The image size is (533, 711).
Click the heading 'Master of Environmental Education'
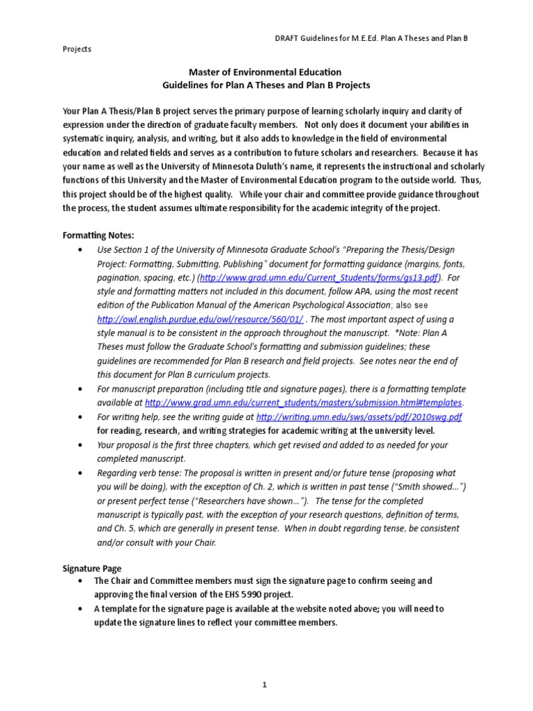tap(266, 72)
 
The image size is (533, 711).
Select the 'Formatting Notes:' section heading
tap(96, 236)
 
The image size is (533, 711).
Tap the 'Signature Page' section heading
tap(92, 568)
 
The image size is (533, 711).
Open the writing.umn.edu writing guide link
tap(359, 417)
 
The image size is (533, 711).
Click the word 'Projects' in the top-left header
tap(76, 49)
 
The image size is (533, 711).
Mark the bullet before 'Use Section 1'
tap(83, 249)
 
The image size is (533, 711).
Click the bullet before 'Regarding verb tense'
tap(83, 473)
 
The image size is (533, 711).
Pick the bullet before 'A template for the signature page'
tap(83, 609)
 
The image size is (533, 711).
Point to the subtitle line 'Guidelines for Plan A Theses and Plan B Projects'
tap(266, 85)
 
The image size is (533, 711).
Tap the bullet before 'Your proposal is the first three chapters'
tap(83, 445)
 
